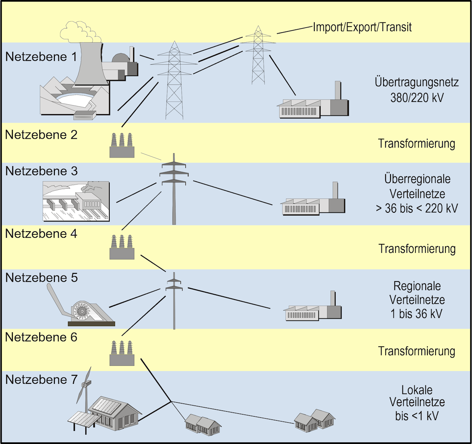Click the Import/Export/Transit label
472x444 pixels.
coord(362,27)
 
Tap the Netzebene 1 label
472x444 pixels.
coord(41,56)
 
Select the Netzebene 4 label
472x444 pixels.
coord(41,234)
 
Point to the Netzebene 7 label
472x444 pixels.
coord(41,380)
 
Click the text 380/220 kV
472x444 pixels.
coord(417,97)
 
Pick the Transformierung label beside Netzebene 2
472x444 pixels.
coord(416,144)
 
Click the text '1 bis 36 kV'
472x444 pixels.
coord(417,314)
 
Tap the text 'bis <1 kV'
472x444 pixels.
coord(417,416)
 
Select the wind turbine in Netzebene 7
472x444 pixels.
coord(85,389)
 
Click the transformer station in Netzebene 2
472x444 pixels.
coord(122,146)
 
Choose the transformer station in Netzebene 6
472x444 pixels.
coord(122,354)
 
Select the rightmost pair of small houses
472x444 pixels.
coord(314,421)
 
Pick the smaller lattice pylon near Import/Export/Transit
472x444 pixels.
coord(258,55)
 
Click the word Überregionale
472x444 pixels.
coord(417,179)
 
